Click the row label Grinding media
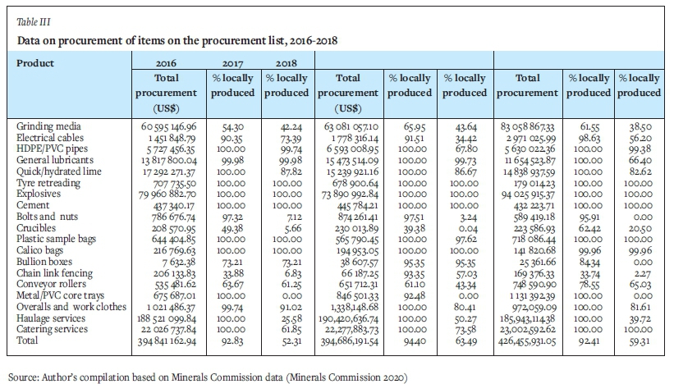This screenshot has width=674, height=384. [x=45, y=127]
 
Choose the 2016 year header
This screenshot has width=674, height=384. [x=167, y=62]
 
